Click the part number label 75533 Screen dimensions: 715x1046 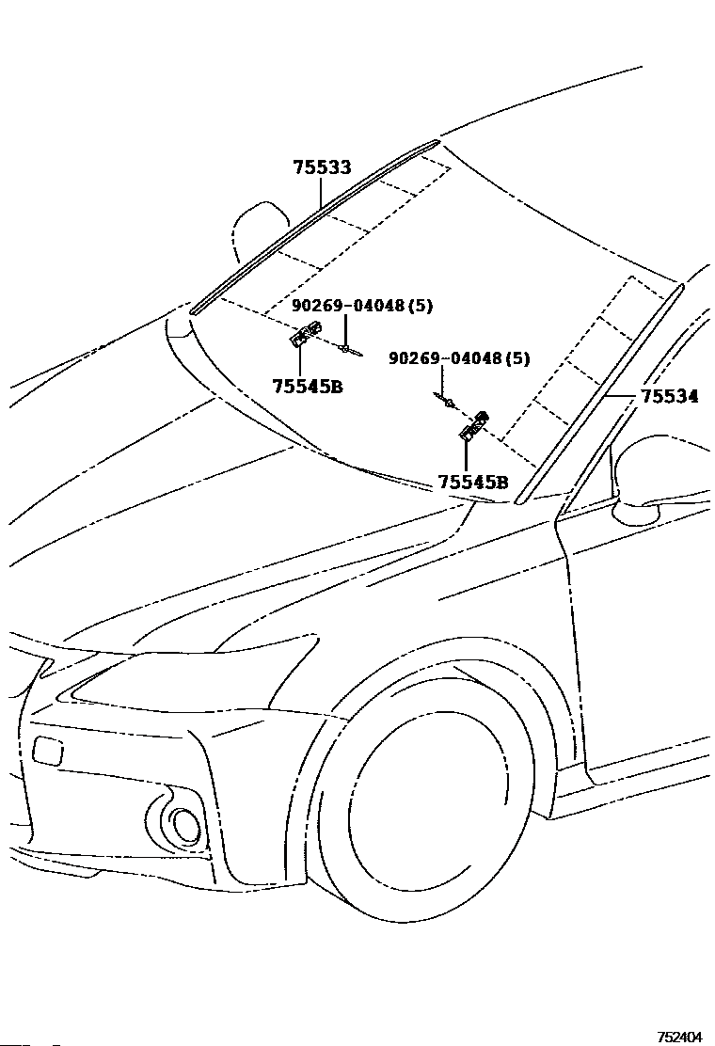click(322, 167)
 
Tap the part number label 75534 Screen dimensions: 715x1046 click(670, 396)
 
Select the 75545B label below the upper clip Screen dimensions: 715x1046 click(308, 386)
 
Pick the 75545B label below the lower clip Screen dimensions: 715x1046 click(473, 482)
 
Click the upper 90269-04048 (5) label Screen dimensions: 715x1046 click(362, 306)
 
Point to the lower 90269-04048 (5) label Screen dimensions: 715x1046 click(459, 358)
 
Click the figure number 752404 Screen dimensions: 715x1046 click(679, 1036)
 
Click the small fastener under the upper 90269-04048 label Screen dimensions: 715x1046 click(349, 349)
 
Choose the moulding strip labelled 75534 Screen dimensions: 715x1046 click(600, 393)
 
